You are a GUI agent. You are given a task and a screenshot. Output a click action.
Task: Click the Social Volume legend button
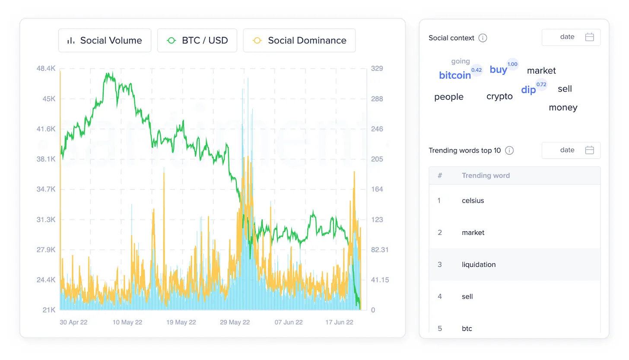(105, 41)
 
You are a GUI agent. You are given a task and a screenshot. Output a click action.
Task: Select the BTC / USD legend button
(197, 41)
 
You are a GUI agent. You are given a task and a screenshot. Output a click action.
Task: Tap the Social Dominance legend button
(299, 41)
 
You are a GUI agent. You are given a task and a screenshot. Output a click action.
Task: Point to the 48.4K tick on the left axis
(46, 69)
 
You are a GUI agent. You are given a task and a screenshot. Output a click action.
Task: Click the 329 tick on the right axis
(377, 69)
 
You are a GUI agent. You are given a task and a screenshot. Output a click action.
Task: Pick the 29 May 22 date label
(235, 322)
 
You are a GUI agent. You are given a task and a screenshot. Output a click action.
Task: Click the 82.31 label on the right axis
(380, 250)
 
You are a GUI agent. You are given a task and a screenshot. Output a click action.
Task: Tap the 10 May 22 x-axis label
(127, 322)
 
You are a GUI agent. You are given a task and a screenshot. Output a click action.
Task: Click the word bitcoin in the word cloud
(455, 76)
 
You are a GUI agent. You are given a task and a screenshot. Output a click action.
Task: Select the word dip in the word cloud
(528, 90)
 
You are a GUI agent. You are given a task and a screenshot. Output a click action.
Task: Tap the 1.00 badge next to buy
(512, 64)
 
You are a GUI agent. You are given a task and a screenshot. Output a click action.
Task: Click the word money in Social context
(563, 108)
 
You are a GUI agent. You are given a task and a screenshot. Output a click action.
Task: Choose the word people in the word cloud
(449, 97)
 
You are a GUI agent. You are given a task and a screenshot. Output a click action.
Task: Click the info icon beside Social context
(483, 38)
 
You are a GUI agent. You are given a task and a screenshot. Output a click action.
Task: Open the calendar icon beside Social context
(590, 37)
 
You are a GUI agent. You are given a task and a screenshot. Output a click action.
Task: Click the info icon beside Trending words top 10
(509, 150)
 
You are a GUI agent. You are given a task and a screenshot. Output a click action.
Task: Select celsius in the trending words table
(473, 201)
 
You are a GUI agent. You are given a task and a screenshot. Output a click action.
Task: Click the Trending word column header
(486, 175)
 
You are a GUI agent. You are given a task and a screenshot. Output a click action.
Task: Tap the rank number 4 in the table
(440, 296)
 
